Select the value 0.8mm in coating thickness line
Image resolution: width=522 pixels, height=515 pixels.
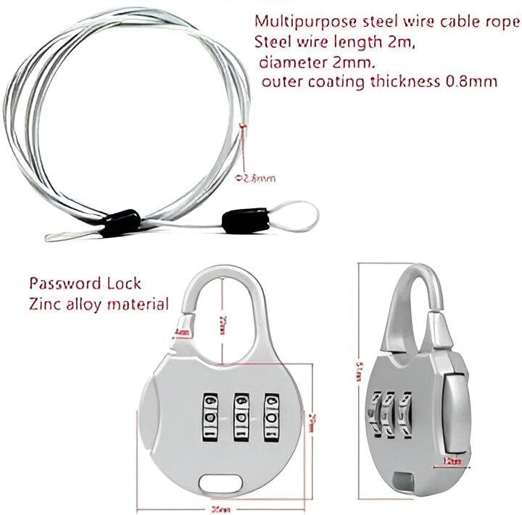coord(469,82)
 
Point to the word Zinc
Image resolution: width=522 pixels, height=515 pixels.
coord(43,304)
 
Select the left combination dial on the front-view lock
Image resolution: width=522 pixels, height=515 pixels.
coord(211,417)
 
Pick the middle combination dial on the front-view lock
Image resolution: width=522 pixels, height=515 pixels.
coord(241,417)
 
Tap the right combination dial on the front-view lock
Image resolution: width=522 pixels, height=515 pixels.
coord(272,417)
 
